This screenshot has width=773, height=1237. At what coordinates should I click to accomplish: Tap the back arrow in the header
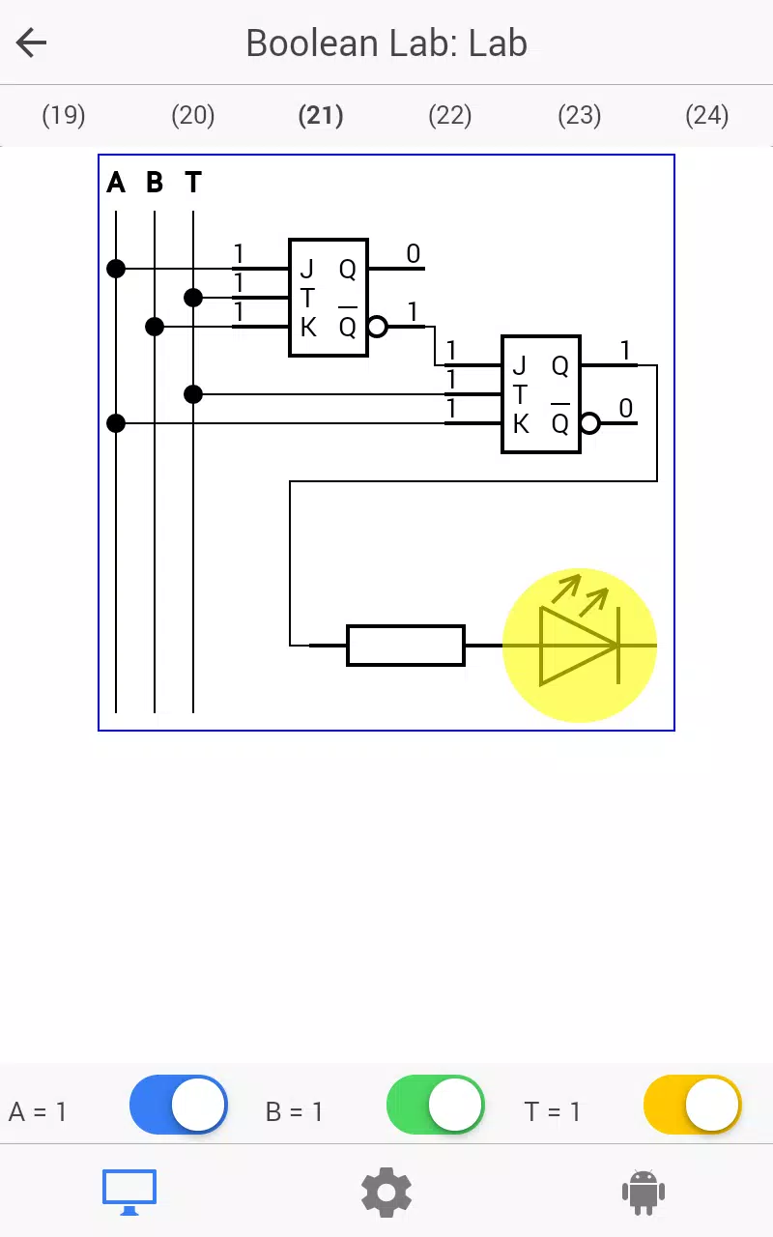31,43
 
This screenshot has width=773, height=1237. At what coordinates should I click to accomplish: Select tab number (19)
64,115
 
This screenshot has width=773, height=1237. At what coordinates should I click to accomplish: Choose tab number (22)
450,115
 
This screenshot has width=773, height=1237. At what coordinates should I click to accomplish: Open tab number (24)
707,115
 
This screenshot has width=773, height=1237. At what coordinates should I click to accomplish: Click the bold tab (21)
321,115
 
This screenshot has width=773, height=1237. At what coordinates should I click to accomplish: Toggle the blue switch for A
179,1105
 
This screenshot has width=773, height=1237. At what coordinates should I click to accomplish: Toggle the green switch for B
436,1105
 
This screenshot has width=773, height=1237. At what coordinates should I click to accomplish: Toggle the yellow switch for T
693,1105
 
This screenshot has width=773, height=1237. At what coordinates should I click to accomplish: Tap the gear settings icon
386,1193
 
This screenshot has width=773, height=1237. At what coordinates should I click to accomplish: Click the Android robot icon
644,1193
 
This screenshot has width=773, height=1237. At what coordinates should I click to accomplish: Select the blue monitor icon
129,1193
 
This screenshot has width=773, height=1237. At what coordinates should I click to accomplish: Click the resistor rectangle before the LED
406,645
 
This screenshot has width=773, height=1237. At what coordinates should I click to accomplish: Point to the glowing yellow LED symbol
580,645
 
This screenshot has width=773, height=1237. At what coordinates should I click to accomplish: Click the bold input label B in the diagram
155,183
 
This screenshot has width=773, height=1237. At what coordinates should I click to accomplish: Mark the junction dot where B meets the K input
155,327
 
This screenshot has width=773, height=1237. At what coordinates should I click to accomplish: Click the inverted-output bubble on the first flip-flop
377,327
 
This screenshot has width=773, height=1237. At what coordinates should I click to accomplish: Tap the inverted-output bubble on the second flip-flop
589,423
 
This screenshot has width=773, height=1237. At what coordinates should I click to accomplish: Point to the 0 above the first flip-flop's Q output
413,253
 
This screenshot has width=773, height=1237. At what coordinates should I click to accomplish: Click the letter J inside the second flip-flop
519,365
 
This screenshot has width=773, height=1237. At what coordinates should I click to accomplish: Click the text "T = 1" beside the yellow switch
552,1111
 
